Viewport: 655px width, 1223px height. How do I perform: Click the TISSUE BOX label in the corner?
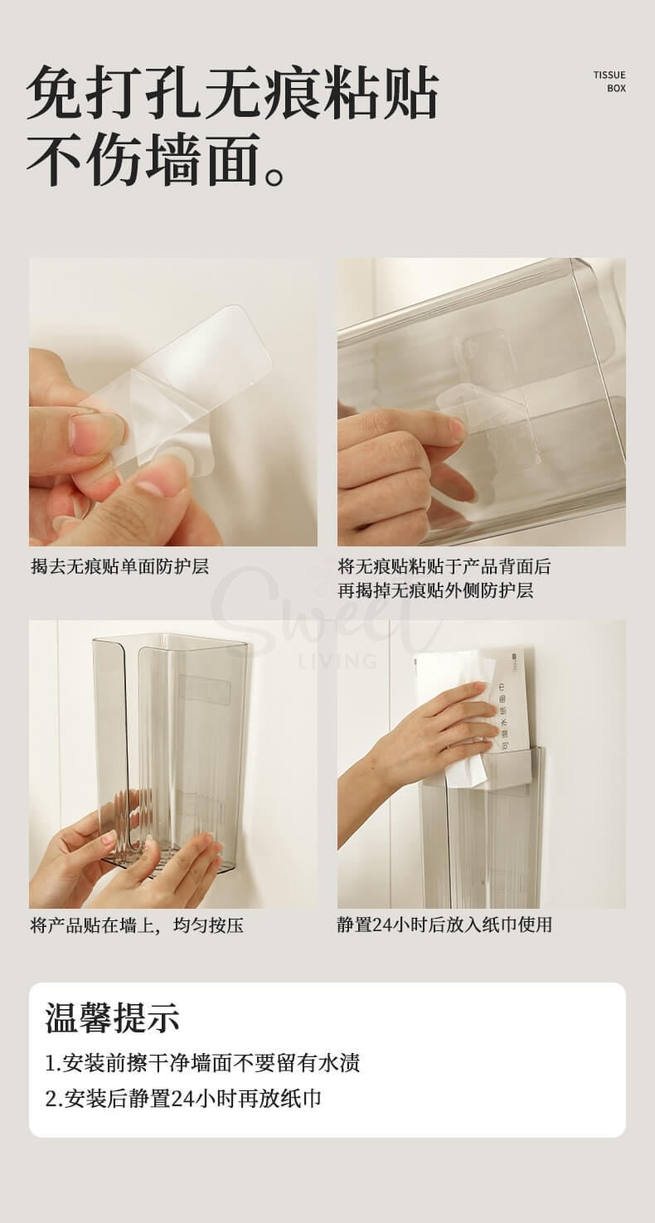(x=609, y=81)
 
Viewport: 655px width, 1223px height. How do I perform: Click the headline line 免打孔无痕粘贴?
(x=232, y=94)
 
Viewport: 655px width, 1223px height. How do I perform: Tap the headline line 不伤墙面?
(x=158, y=159)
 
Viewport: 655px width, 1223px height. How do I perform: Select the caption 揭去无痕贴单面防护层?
(x=119, y=566)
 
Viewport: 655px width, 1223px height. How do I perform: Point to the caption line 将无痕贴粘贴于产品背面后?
(x=444, y=566)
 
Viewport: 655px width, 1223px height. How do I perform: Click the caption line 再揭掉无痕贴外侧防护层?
(x=434, y=590)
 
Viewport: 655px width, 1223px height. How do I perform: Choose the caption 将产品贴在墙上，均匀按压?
(x=137, y=925)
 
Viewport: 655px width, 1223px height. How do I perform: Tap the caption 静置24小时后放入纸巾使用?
(x=444, y=925)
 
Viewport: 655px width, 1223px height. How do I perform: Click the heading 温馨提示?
(x=112, y=1017)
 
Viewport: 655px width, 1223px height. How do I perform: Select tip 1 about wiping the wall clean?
(x=202, y=1062)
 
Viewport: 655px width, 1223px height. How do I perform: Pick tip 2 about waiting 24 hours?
(x=183, y=1099)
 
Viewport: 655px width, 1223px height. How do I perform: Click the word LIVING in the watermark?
(x=337, y=661)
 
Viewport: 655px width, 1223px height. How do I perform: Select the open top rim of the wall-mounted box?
(x=170, y=641)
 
